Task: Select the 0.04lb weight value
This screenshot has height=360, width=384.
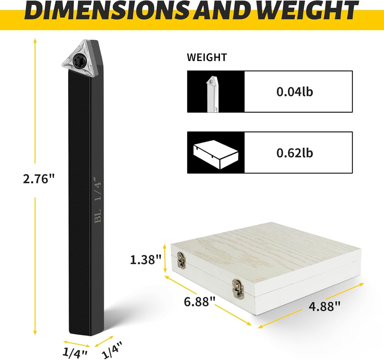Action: tap(295, 92)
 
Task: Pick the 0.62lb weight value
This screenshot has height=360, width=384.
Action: tap(295, 153)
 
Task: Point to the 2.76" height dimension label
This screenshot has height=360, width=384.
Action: tap(38, 179)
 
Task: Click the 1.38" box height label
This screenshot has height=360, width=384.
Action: tap(145, 259)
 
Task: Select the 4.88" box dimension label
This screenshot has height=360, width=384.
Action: tap(324, 306)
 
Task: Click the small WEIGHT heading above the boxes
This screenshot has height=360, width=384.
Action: tap(207, 57)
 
